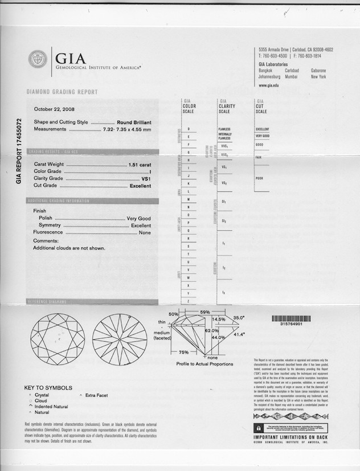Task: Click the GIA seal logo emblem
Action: (x=38, y=59)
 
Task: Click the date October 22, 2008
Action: (x=55, y=109)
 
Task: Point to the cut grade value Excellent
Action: (x=140, y=186)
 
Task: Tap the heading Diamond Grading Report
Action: (x=62, y=92)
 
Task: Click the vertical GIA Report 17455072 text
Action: (x=19, y=150)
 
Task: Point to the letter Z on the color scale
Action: (x=189, y=300)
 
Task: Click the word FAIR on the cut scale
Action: (x=259, y=157)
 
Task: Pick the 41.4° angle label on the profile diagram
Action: (x=240, y=335)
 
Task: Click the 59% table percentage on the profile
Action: (x=205, y=312)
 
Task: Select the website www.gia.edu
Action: (x=269, y=85)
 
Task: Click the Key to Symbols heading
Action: (x=48, y=387)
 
